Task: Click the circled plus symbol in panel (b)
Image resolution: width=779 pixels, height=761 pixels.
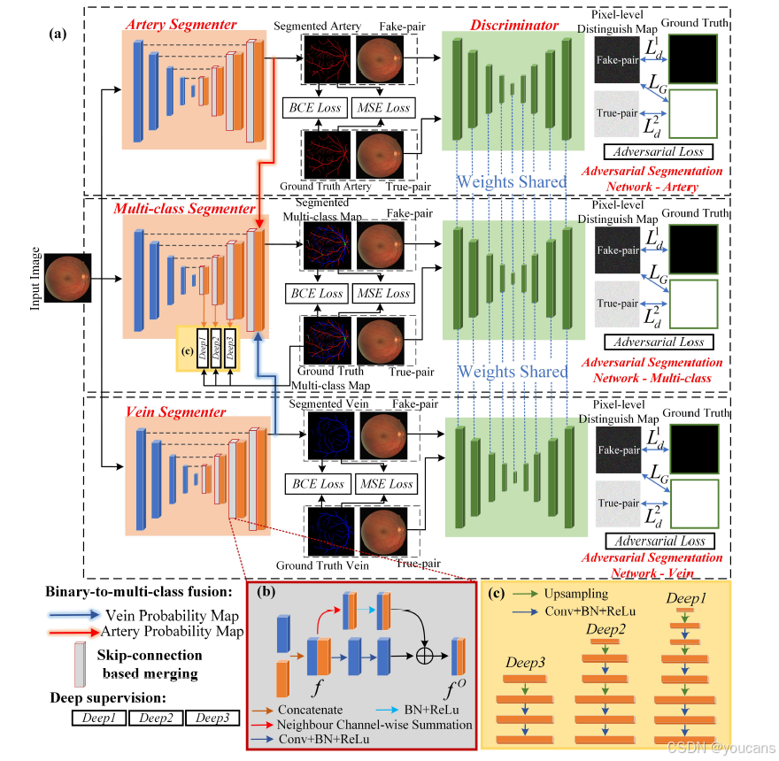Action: pos(427,658)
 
